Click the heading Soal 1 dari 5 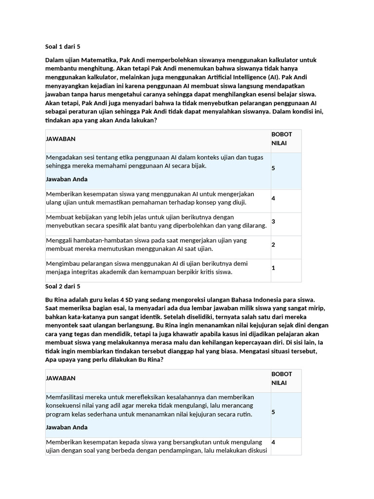(x=63, y=47)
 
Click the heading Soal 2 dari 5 (x=63, y=286)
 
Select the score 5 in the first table (x=273, y=168)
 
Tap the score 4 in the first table (x=273, y=198)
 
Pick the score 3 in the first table (x=273, y=221)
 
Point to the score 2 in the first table (x=273, y=245)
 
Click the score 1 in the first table (x=273, y=268)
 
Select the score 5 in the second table (x=273, y=412)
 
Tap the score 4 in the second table (x=273, y=442)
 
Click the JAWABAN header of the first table (x=60, y=139)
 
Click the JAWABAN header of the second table (x=60, y=378)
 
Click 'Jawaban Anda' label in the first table (x=67, y=179)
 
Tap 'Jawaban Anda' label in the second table (x=67, y=427)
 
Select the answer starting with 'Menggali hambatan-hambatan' (x=146, y=245)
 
